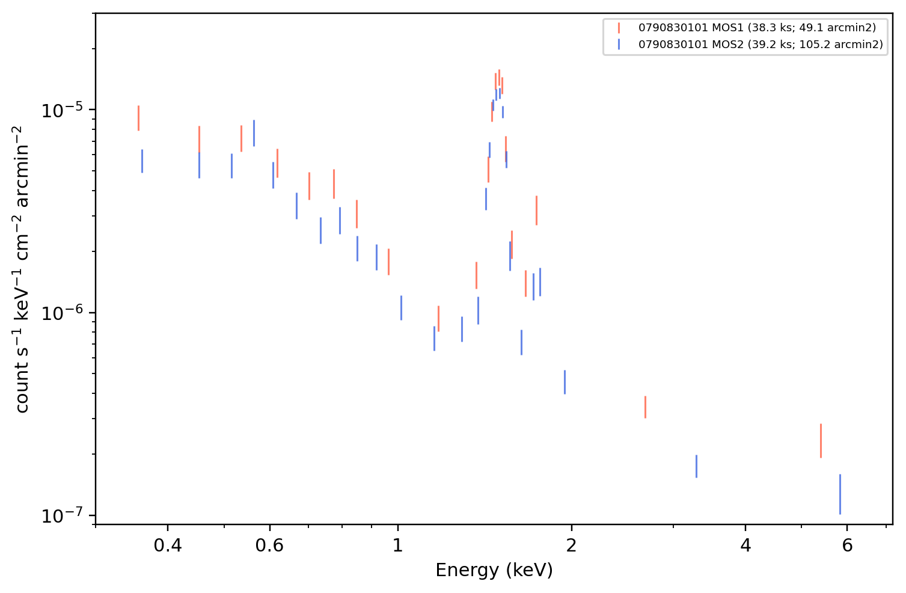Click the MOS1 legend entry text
[757, 28]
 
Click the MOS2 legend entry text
[761, 44]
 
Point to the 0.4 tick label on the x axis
[168, 545]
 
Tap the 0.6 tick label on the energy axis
[269, 545]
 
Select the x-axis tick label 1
[398, 545]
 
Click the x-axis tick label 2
[571, 545]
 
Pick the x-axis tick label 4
[745, 545]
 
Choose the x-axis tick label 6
[847, 545]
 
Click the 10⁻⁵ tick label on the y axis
[62, 110]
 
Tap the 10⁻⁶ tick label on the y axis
[62, 313]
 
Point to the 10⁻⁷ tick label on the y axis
[62, 515]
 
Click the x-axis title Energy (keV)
[494, 570]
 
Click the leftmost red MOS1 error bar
[138, 118]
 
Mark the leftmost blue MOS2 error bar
[142, 161]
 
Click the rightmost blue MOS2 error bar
[840, 494]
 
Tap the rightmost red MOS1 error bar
[821, 441]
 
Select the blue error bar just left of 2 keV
[565, 382]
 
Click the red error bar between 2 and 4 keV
[645, 407]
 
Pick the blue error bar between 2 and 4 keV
[697, 466]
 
